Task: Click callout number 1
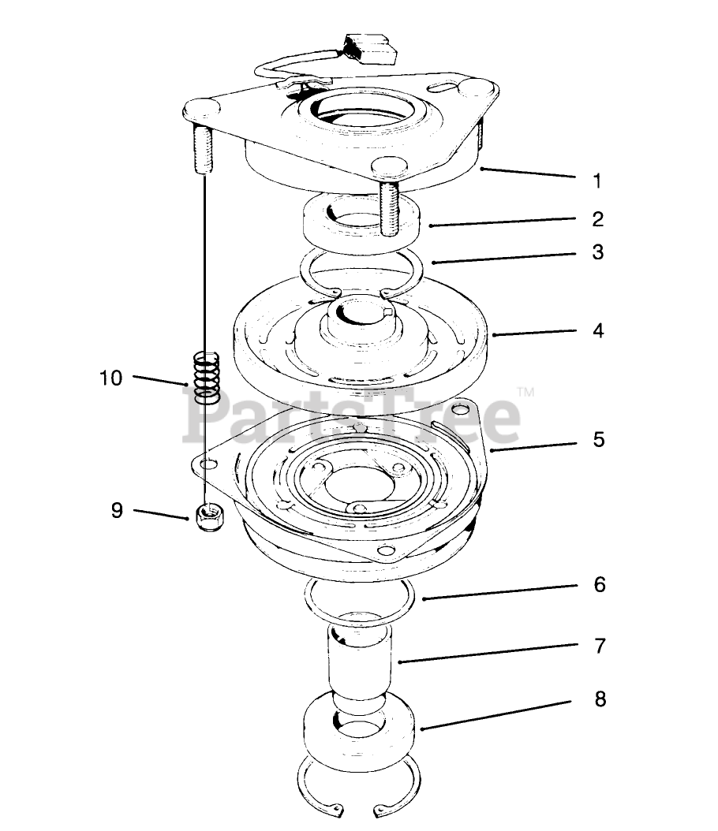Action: point(597,182)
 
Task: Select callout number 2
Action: point(597,219)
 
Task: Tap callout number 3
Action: point(597,252)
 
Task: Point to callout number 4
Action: point(598,330)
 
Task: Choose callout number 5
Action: point(599,440)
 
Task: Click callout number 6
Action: point(600,584)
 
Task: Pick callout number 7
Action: point(600,646)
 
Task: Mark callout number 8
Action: point(600,699)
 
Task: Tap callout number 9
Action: point(118,510)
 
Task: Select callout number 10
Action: point(111,378)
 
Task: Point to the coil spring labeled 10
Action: point(207,376)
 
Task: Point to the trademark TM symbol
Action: point(525,392)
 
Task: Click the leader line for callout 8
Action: point(496,716)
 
